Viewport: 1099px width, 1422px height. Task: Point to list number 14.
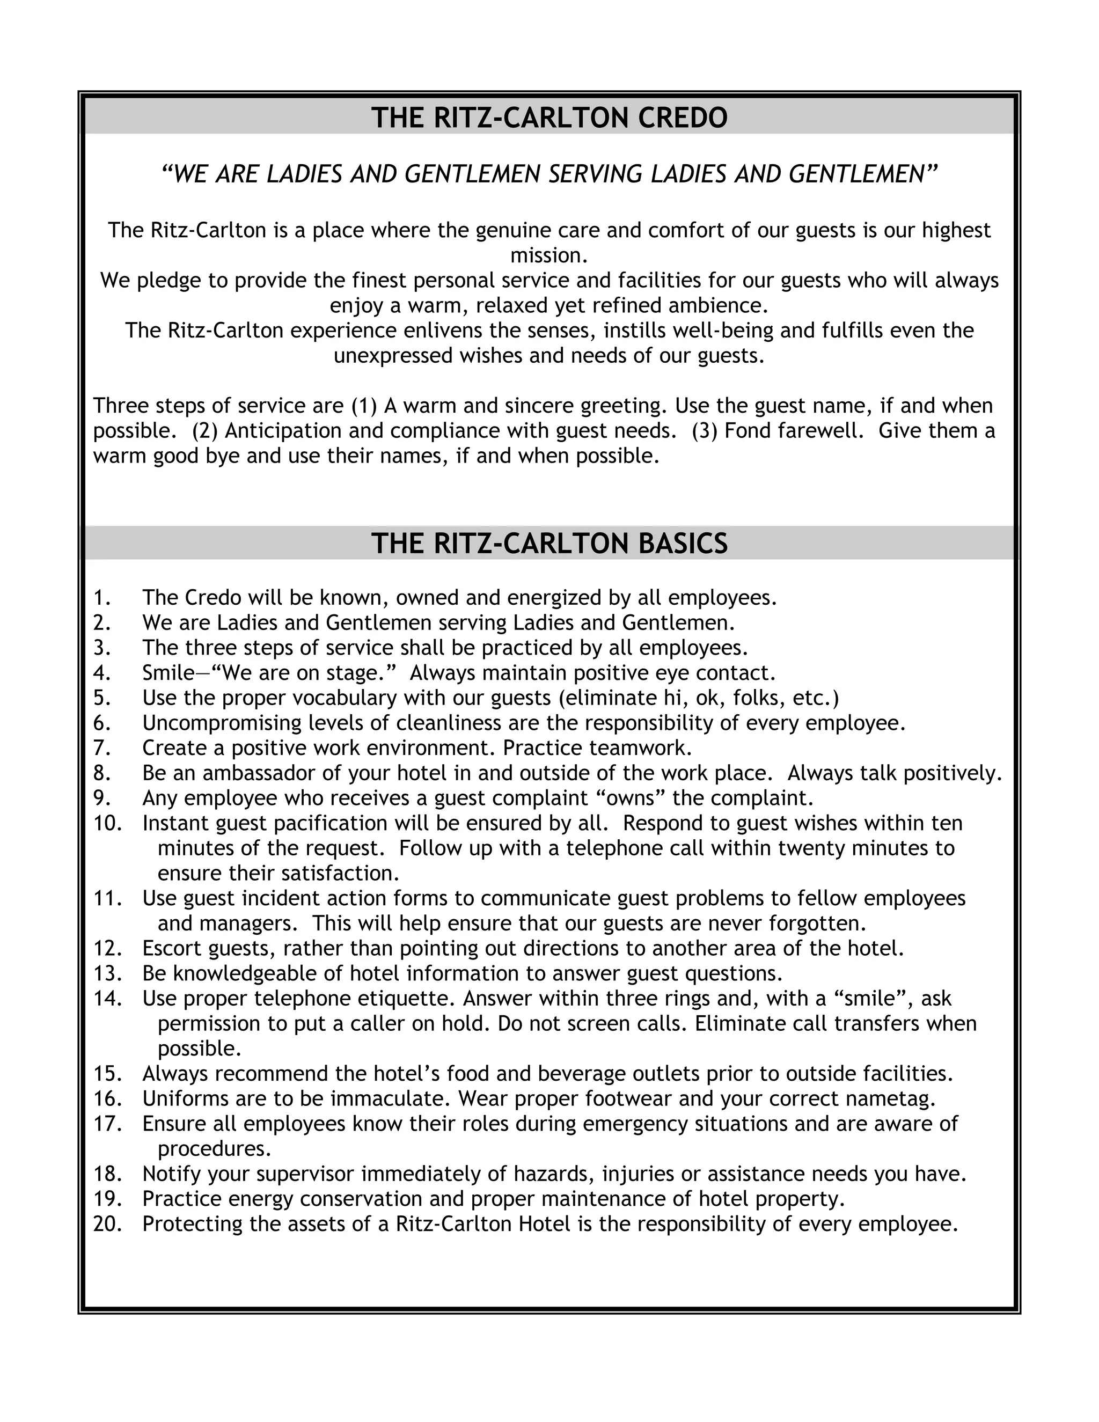click(107, 999)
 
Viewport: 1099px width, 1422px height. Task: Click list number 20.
click(107, 1224)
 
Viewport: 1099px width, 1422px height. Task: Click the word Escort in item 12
click(172, 949)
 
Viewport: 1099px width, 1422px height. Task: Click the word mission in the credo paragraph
click(549, 256)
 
